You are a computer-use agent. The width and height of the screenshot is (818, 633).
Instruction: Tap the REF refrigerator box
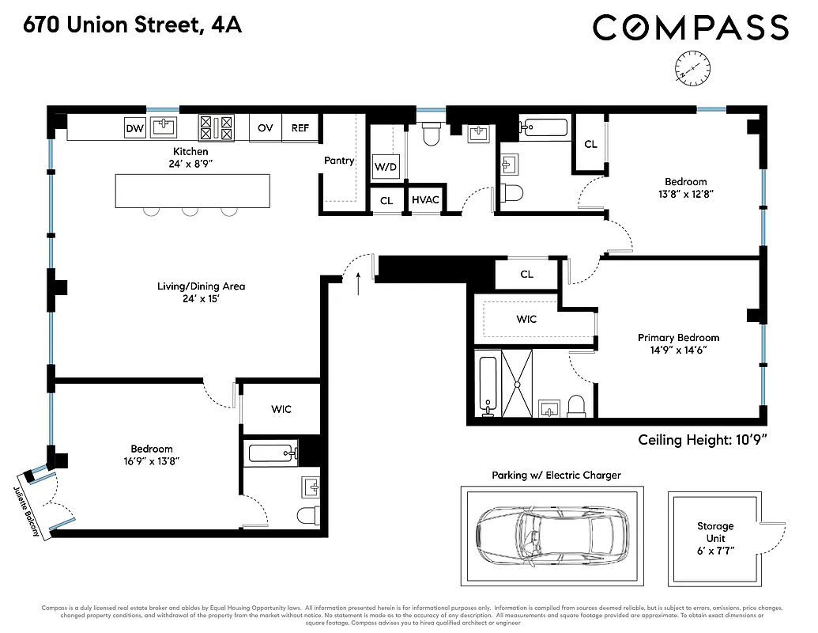(x=300, y=128)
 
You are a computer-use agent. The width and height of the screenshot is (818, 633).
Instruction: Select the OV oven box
(x=266, y=128)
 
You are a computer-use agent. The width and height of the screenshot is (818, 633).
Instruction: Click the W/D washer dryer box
(x=386, y=167)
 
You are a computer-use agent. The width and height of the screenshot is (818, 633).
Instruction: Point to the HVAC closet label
(x=425, y=201)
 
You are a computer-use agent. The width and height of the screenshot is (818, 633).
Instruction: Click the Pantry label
(x=339, y=161)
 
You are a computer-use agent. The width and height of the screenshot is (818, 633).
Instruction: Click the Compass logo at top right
(x=690, y=28)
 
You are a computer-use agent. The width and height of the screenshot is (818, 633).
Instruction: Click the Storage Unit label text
(x=714, y=532)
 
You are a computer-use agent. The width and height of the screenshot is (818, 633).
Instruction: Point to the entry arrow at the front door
(x=360, y=282)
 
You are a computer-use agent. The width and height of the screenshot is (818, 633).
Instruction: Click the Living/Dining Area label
(x=201, y=286)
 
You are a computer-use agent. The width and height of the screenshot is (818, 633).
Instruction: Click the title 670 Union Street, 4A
(x=132, y=26)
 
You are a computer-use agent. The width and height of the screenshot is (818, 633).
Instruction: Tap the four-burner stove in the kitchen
(x=217, y=127)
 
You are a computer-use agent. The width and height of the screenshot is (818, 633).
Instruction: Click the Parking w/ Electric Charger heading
(x=556, y=476)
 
